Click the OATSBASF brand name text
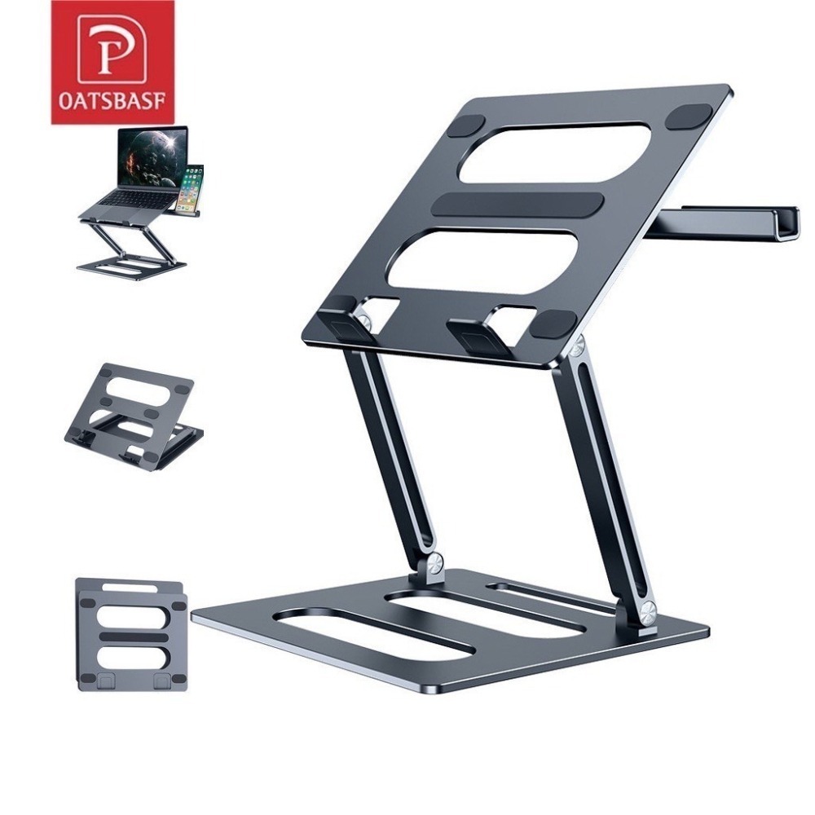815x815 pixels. [x=112, y=99]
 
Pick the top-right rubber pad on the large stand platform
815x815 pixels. [x=688, y=117]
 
